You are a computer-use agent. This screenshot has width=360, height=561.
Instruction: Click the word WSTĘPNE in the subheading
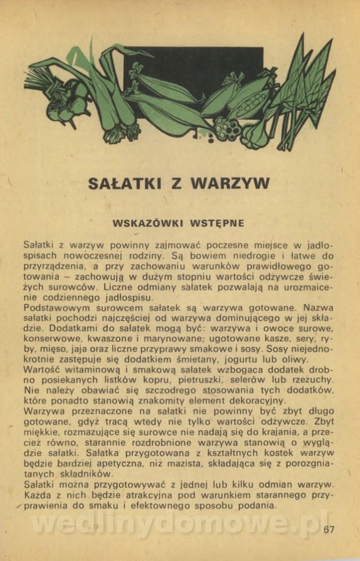pos(217,223)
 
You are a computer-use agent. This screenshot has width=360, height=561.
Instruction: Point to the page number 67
pos(329,529)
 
